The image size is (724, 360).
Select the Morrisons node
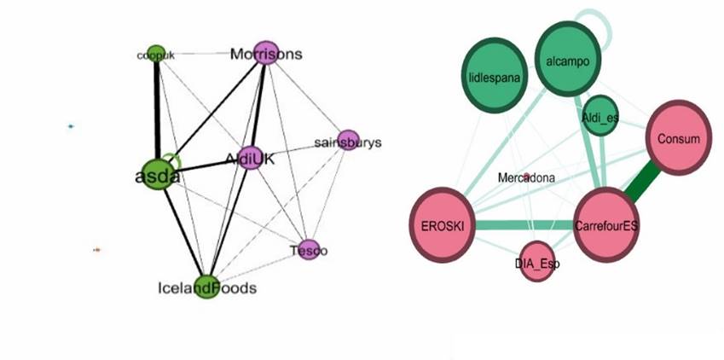tap(266, 53)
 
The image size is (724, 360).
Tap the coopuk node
tap(155, 54)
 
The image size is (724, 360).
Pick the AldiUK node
tap(249, 158)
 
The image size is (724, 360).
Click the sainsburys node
tap(348, 141)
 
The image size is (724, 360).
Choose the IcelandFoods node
tap(206, 287)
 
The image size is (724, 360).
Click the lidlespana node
tap(494, 76)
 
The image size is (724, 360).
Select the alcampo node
tap(570, 59)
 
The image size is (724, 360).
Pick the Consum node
tap(680, 138)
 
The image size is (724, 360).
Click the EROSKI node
tap(441, 226)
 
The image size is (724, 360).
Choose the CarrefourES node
tap(606, 226)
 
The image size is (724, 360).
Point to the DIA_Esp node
tap(537, 263)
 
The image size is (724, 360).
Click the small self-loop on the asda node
tap(173, 160)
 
